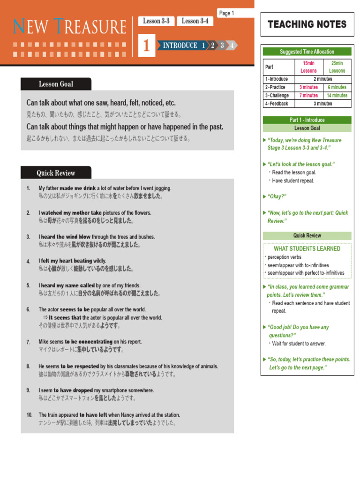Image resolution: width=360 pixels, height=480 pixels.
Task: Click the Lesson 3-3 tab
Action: point(156,21)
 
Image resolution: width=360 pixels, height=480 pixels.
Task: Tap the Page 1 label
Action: point(226,13)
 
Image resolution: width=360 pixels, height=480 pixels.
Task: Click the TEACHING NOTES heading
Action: point(307,24)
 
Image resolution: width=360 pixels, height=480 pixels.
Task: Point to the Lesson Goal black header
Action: point(56,84)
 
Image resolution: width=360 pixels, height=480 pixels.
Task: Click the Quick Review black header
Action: point(56,173)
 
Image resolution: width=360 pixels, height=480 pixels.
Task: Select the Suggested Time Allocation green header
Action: point(307,52)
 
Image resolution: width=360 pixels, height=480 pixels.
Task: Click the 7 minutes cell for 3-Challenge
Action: point(308,95)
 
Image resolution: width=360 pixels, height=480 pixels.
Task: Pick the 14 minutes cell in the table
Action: point(337,95)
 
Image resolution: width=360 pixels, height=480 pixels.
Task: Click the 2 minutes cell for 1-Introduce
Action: point(322,79)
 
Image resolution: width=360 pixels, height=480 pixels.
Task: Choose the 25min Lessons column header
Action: point(337,67)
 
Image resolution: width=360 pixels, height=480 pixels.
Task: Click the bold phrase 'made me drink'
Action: point(77,188)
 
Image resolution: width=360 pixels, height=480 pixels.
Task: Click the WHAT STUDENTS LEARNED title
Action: point(307,248)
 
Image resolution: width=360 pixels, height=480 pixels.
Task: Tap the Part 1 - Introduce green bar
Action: point(307,120)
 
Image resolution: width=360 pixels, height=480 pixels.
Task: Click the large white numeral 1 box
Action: point(147,46)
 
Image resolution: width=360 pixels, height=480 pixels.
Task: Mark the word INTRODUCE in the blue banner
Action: point(180,45)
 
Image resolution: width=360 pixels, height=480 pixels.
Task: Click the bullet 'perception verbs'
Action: point(285,257)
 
